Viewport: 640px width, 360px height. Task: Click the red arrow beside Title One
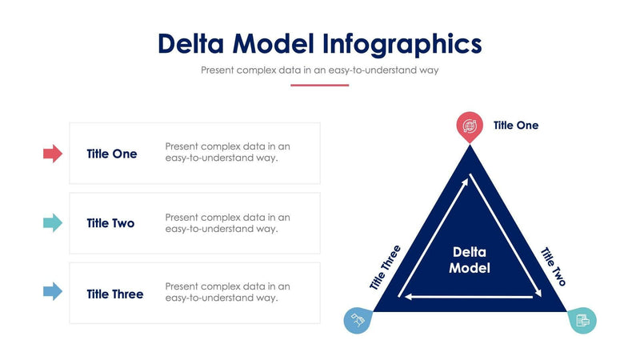(52, 154)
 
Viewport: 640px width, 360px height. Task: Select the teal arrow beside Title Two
(52, 223)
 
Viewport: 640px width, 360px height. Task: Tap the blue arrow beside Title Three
(52, 293)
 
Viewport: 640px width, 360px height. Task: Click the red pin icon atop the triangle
(470, 126)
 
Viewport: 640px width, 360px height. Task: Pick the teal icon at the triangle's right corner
(582, 320)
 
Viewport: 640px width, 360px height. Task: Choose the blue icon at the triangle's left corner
(358, 320)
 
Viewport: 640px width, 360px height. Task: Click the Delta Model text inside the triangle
(470, 260)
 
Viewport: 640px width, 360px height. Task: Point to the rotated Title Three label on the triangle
(385, 267)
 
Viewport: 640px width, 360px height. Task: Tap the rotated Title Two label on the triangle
(554, 266)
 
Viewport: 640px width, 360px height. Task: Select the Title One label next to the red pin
(516, 126)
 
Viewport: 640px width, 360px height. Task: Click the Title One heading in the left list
(112, 154)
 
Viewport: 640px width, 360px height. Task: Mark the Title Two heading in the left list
(110, 223)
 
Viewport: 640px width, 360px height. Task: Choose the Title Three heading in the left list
(115, 294)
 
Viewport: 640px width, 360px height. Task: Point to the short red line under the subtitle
(320, 85)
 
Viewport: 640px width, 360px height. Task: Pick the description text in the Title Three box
(227, 292)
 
